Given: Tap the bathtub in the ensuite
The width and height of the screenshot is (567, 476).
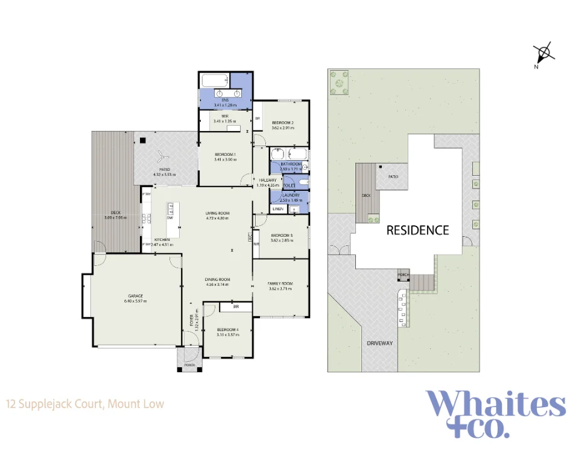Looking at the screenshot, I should pyautogui.click(x=214, y=80).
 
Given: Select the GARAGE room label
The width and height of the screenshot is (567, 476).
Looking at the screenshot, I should pyautogui.click(x=136, y=295).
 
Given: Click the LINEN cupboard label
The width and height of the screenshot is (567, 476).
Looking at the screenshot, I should pyautogui.click(x=277, y=209).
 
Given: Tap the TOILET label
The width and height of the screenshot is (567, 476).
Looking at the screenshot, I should pyautogui.click(x=289, y=185).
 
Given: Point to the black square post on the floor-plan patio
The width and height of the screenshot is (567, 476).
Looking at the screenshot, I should pyautogui.click(x=142, y=141).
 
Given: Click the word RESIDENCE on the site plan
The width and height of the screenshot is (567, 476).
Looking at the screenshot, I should pyautogui.click(x=417, y=230).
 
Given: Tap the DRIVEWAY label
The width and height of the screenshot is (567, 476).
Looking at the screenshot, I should pyautogui.click(x=379, y=343).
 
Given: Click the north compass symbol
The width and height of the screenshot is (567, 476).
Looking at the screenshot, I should pyautogui.click(x=545, y=53).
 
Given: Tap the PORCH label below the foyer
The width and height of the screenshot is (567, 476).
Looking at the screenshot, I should pyautogui.click(x=189, y=365).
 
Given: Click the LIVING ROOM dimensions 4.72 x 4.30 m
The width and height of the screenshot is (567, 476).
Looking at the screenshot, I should pyautogui.click(x=217, y=218).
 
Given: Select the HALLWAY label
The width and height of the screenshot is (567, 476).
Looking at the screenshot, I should pyautogui.click(x=267, y=180).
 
